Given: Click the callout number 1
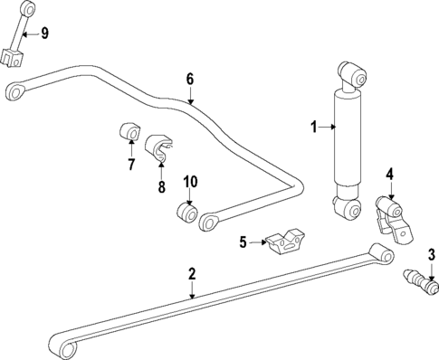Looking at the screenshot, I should pos(314,128).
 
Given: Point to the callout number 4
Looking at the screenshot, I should pos(389,174).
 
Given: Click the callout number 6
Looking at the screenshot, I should pos(190,80).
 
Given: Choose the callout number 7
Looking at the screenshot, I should pos(130,165).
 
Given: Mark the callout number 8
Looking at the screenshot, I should pos(161,187).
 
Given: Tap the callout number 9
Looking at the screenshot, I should pos(44,33).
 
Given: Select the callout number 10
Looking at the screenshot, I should pos(189,182).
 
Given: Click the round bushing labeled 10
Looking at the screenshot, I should pos(186,214).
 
